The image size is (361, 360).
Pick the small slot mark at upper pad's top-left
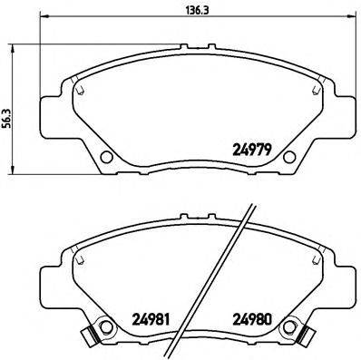tap(81, 91)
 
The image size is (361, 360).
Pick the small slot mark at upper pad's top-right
tap(315, 91)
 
